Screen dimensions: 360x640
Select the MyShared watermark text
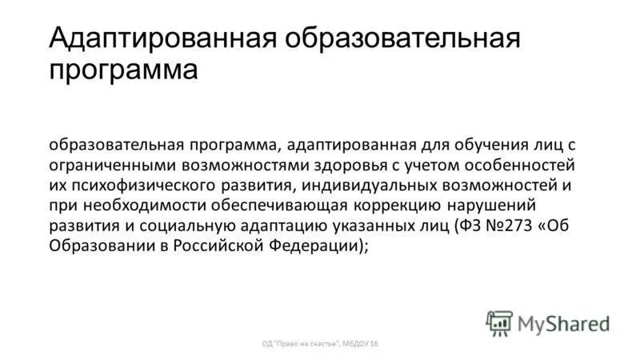click(x=564, y=323)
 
